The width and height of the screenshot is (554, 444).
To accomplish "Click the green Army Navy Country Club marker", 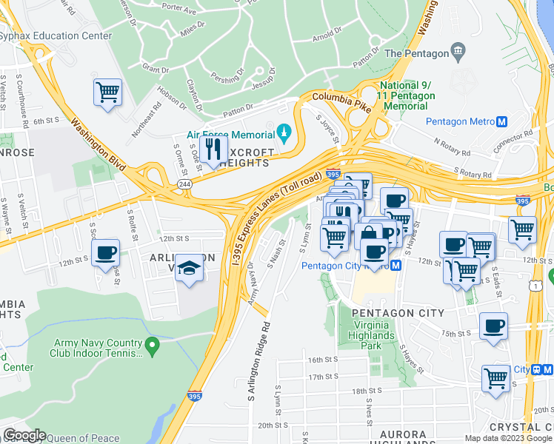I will click(x=152, y=346).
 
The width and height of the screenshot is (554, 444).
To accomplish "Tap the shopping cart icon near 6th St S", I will click(x=107, y=93).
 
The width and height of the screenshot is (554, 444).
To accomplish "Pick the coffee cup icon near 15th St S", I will click(x=493, y=326).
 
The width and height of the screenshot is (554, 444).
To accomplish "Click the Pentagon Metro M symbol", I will click(x=501, y=121).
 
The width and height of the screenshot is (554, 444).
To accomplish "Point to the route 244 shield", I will click(x=182, y=185).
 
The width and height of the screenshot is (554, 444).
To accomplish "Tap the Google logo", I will click(x=24, y=435).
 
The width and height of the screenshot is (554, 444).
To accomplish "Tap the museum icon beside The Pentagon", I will click(x=458, y=53).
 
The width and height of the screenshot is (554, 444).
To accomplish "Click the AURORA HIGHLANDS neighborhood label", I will click(x=392, y=440).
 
